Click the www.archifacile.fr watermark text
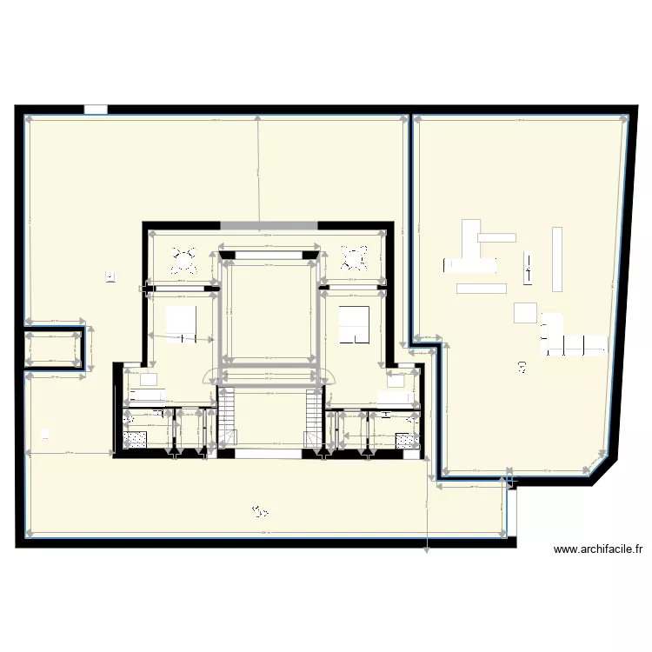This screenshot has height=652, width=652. coord(598,549)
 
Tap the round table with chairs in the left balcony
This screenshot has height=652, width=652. coord(184,258)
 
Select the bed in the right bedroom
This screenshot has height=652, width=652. coord(354,322)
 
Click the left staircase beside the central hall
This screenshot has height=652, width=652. coord(227,419)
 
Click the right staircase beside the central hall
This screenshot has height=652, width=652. coord(313,419)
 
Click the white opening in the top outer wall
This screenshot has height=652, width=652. coord(96,110)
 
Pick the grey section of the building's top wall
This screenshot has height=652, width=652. coord(269,226)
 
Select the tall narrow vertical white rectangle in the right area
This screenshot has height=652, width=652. coord(557,258)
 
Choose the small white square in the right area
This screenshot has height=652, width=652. coord(526,312)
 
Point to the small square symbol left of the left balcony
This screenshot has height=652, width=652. coord(110,276)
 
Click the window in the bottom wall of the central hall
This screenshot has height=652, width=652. coord(269,453)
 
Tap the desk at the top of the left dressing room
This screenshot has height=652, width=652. coord(147,380)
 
